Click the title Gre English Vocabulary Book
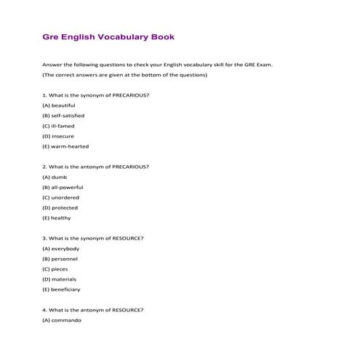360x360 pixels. pos(108,36)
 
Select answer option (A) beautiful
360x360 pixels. pos(59,105)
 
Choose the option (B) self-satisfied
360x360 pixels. pos(63,116)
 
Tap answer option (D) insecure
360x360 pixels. pos(58,136)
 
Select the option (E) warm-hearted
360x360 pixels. pos(65,146)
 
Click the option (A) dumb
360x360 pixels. pos(55,177)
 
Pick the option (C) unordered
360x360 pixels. pos(61,197)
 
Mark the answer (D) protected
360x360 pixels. pos(60,207)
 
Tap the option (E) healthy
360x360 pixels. pos(57,217)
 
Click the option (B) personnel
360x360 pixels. pos(60,258)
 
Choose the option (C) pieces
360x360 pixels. pos(55,268)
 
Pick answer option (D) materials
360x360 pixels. pos(59,279)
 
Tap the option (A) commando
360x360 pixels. pos(62,320)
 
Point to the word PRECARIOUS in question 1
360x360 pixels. pos(129,95)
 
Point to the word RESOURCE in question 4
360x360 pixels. pos(127,310)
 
